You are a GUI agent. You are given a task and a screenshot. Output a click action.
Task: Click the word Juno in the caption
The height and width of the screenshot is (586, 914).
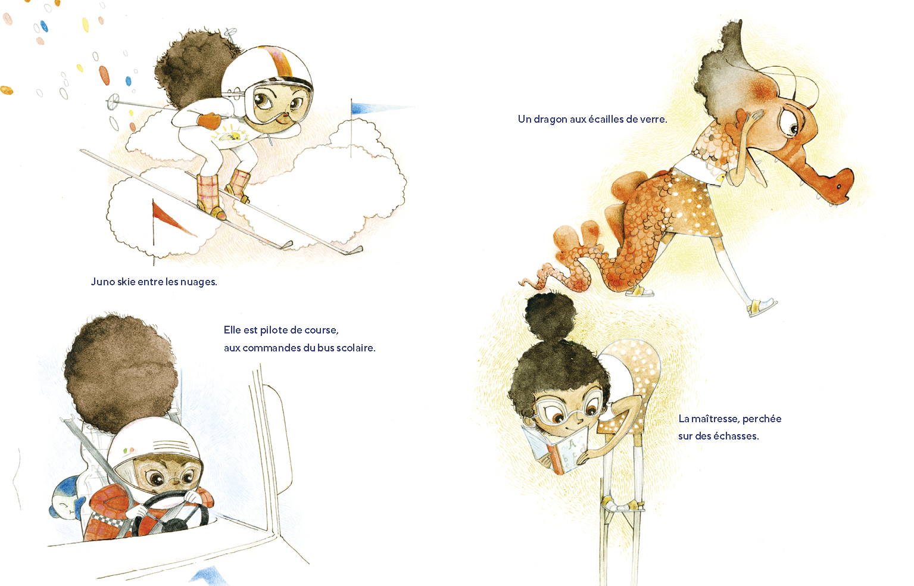click(103, 282)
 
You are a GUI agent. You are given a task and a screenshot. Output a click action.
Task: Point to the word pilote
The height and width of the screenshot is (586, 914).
click(273, 330)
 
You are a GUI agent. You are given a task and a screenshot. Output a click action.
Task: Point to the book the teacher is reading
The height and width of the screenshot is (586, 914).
click(556, 449)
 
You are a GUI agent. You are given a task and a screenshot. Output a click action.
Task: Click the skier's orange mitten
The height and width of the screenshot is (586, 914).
click(210, 120)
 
